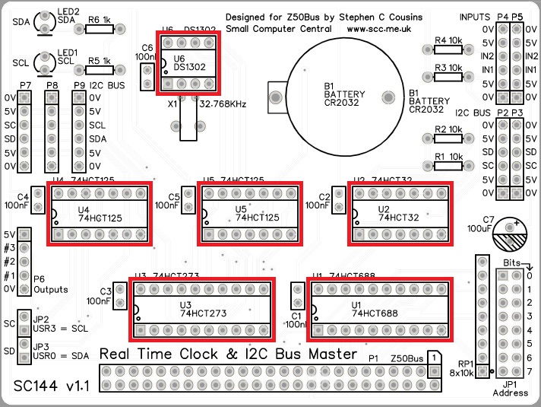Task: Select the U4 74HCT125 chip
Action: pyautogui.click(x=100, y=213)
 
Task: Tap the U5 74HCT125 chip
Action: pyautogui.click(x=250, y=213)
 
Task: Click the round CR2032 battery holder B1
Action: pyautogui.click(x=344, y=97)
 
